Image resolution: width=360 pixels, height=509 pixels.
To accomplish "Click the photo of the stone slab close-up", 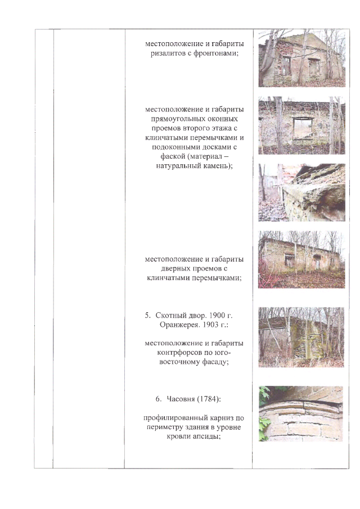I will pyautogui.click(x=301, y=192).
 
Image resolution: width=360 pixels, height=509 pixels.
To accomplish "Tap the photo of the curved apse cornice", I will pyautogui.click(x=301, y=413).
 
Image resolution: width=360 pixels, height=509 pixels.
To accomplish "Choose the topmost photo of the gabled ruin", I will pyautogui.click(x=301, y=58).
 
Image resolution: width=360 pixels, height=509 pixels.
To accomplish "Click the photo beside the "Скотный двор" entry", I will pyautogui.click(x=301, y=337).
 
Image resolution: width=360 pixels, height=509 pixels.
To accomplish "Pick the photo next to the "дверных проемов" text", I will pyautogui.click(x=301, y=259).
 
